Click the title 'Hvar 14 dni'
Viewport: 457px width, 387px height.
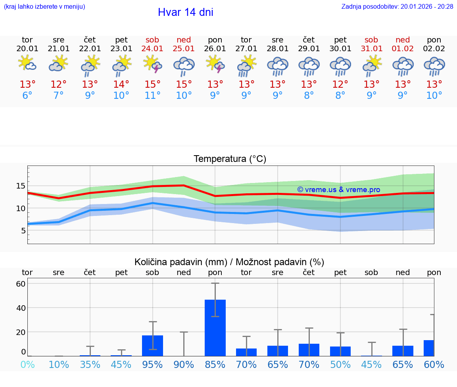[185, 12]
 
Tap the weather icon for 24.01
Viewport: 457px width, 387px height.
[152, 64]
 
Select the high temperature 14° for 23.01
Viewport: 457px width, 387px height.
[121, 85]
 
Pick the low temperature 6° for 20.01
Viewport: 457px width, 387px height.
[27, 96]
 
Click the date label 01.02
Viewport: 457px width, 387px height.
[403, 48]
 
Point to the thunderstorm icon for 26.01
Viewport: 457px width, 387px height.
[215, 64]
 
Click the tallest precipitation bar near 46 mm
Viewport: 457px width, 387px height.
[215, 327]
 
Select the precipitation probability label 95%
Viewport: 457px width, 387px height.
[152, 364]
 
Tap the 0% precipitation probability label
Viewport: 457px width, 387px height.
[27, 364]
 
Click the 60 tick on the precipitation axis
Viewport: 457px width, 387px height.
[21, 283]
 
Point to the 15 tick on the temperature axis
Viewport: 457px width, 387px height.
[21, 186]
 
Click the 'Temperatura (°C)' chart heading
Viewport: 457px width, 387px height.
[230, 159]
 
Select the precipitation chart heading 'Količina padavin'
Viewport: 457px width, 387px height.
[229, 262]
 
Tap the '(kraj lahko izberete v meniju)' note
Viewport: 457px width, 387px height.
[44, 6]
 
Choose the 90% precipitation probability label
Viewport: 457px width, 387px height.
[184, 364]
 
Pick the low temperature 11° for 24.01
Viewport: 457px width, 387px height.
[152, 96]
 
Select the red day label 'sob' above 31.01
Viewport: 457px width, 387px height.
[371, 40]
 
